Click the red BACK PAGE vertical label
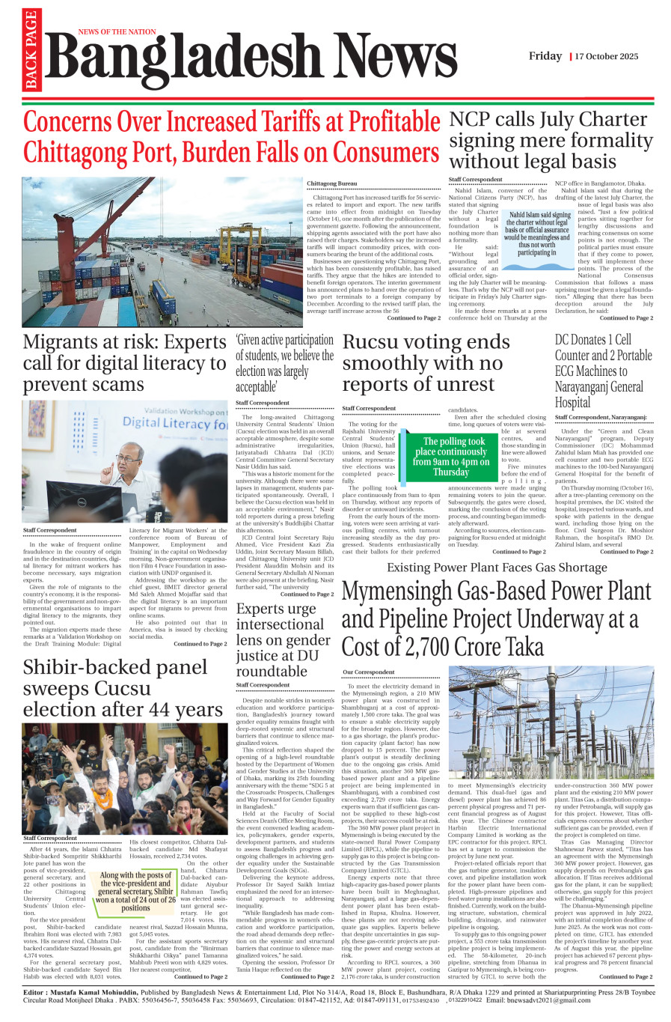[x=31, y=50]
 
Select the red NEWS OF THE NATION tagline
[x=117, y=32]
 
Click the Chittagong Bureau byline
[x=331, y=183]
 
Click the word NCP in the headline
[x=469, y=120]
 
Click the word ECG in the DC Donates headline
[x=571, y=371]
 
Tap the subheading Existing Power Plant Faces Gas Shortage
[x=497, y=568]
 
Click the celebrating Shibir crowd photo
[x=125, y=778]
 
